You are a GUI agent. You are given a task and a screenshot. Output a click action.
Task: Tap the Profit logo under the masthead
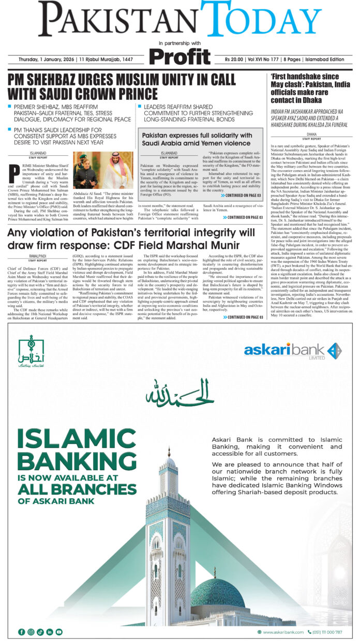(x=179, y=56)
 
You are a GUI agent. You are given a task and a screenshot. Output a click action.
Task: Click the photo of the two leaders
(x=103, y=170)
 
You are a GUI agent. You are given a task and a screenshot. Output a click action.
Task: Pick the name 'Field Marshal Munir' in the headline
(x=188, y=245)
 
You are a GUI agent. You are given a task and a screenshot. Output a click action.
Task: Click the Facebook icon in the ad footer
(x=21, y=632)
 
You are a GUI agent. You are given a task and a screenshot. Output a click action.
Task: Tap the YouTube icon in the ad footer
(x=59, y=632)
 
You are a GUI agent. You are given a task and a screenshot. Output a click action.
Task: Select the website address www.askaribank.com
(x=280, y=632)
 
